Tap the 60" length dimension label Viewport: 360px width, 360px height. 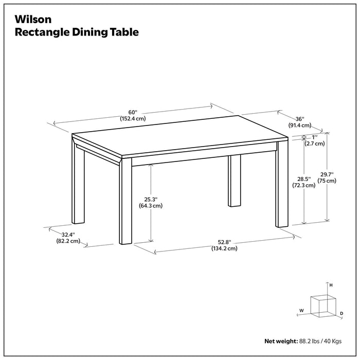133,112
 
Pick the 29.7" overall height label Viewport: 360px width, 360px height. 327,174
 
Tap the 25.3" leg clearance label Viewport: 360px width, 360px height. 150,199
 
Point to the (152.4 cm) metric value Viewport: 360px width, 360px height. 133,119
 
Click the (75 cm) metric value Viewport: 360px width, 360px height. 327,181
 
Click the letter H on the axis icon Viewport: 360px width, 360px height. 331,285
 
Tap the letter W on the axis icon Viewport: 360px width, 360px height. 301,311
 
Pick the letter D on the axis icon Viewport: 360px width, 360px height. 341,313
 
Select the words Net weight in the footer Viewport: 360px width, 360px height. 280,341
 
